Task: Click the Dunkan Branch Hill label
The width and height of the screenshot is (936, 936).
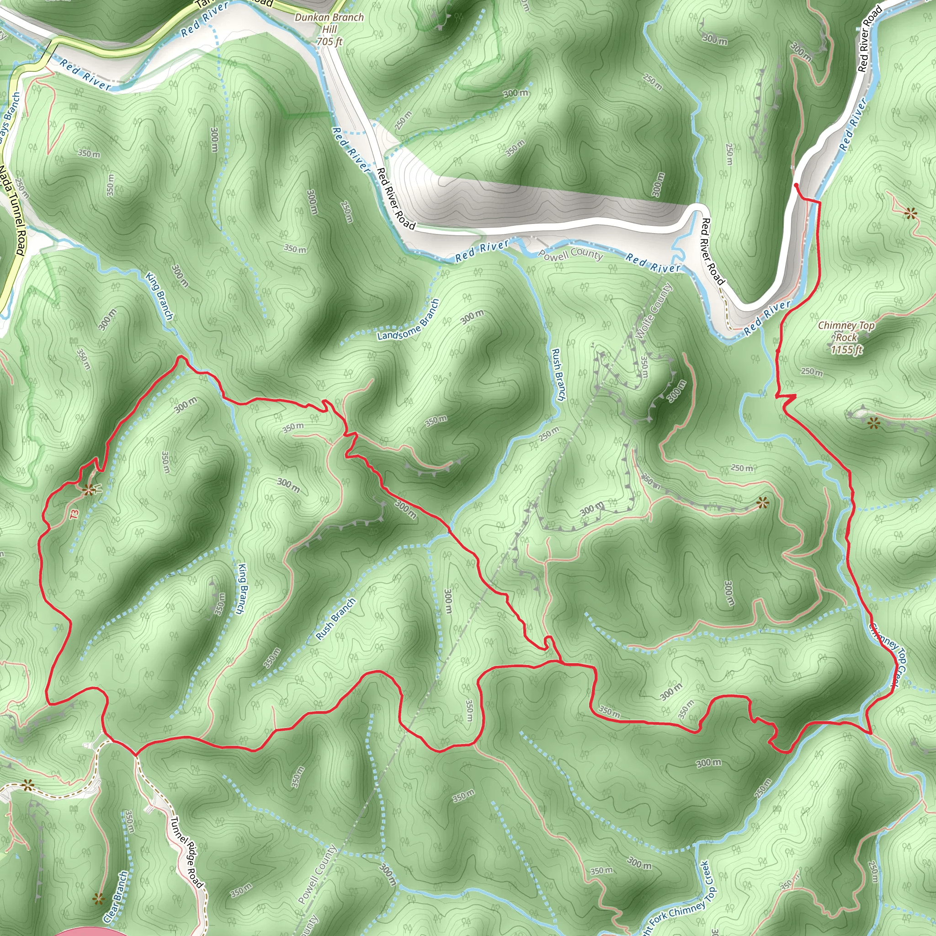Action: click(x=329, y=23)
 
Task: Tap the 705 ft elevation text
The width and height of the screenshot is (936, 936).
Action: click(x=330, y=42)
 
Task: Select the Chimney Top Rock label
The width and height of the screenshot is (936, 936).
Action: click(x=846, y=331)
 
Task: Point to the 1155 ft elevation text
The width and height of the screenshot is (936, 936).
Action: click(x=847, y=349)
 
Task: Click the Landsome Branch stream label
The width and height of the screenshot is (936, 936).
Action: click(x=409, y=320)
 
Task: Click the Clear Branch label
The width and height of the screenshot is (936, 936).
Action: click(x=116, y=896)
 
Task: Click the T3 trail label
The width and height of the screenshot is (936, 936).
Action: click(x=74, y=514)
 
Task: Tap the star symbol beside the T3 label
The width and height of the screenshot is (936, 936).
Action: click(x=88, y=490)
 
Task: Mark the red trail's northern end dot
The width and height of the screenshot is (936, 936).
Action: click(x=796, y=185)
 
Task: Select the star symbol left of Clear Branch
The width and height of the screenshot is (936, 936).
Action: click(x=98, y=899)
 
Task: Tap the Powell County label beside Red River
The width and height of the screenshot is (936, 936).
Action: click(x=571, y=253)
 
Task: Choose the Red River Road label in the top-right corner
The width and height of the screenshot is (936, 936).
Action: click(x=870, y=39)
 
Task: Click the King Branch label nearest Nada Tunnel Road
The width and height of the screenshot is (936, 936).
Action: click(x=160, y=296)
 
